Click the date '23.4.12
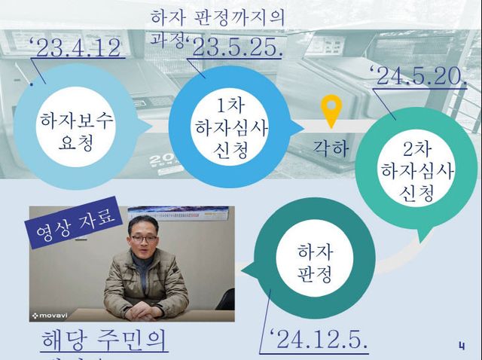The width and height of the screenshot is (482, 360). [x=75, y=48]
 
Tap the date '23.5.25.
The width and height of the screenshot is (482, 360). [x=236, y=47]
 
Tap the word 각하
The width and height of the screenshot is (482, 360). [x=331, y=147]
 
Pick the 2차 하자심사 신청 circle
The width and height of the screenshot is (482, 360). [x=411, y=179]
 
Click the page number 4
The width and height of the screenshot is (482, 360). [x=461, y=345]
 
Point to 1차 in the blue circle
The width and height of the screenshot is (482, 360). [x=226, y=105]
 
